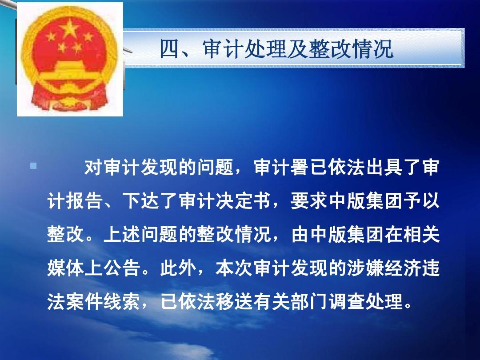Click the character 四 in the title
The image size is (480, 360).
(x=169, y=49)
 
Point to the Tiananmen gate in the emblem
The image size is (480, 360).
(x=70, y=71)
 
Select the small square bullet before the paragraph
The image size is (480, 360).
(x=33, y=166)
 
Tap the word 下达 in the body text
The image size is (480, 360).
(x=140, y=201)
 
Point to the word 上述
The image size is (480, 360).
(x=122, y=235)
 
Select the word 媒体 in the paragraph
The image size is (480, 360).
(x=65, y=268)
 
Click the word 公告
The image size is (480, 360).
(x=122, y=268)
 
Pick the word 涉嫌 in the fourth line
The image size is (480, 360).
(x=365, y=268)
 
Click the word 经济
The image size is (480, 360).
(x=403, y=268)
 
